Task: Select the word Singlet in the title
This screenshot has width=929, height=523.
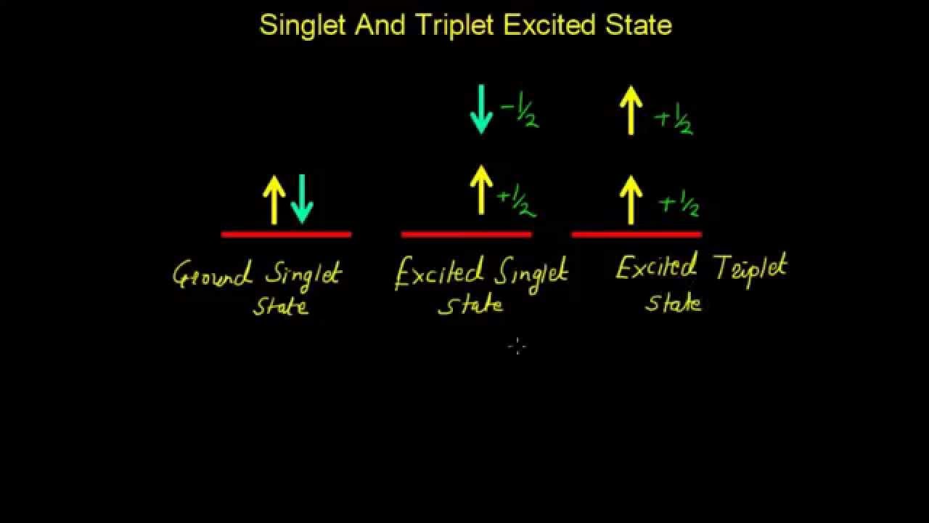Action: [x=303, y=26]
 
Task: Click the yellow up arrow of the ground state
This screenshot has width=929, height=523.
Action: [x=274, y=200]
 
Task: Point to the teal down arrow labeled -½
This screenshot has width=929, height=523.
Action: [x=481, y=109]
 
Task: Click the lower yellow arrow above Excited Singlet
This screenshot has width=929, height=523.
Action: [x=481, y=190]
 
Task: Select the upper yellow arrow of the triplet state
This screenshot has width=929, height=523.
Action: [x=631, y=109]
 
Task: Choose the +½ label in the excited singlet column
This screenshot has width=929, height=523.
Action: [x=516, y=202]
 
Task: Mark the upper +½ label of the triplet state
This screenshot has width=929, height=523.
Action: [x=673, y=119]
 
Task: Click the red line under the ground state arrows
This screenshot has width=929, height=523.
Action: [x=286, y=234]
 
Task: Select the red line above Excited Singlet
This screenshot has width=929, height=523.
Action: [x=466, y=234]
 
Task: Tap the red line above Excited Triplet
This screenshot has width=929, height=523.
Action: [x=637, y=234]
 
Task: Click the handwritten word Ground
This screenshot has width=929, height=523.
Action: [x=213, y=275]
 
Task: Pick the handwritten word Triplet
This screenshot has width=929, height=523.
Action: [x=750, y=269]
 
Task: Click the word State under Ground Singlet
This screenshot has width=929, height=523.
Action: [x=281, y=306]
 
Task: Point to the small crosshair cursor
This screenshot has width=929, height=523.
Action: [x=516, y=346]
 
